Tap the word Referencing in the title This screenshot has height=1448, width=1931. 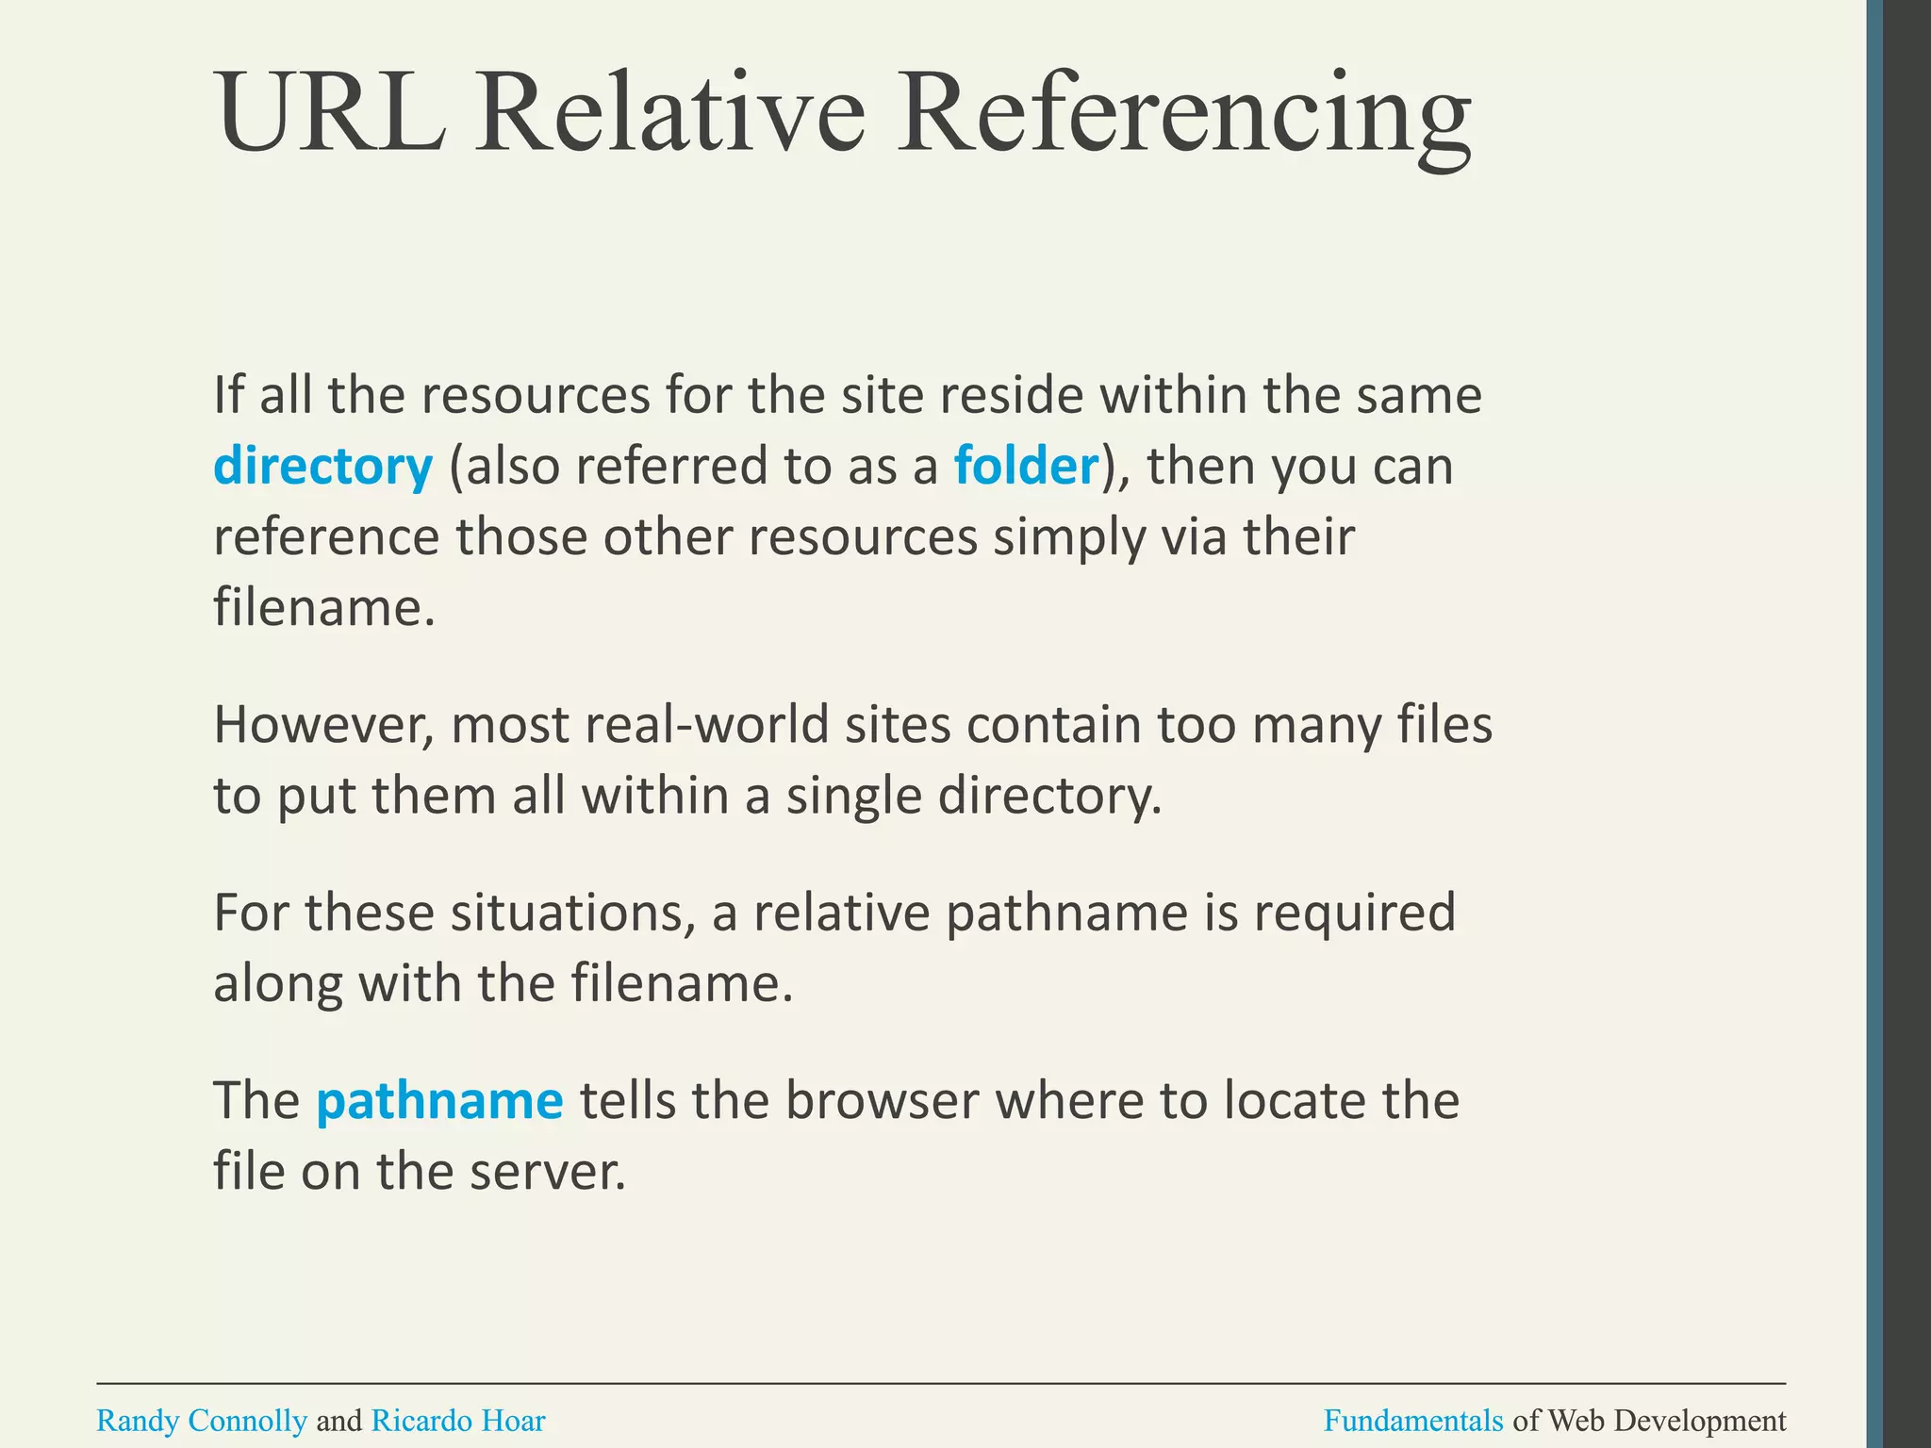(x=1182, y=118)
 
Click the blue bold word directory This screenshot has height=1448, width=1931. (x=322, y=467)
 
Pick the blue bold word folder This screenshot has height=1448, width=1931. (x=1026, y=465)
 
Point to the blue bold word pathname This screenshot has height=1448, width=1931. (x=439, y=1100)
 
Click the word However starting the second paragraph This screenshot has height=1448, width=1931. (x=323, y=725)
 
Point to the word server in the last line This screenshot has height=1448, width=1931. (x=547, y=1172)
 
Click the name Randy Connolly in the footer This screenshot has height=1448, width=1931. (x=202, y=1421)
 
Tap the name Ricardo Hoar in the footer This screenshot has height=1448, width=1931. (x=458, y=1421)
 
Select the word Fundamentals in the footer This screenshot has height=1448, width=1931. (x=1412, y=1421)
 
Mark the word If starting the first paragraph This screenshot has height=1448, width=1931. (x=227, y=395)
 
